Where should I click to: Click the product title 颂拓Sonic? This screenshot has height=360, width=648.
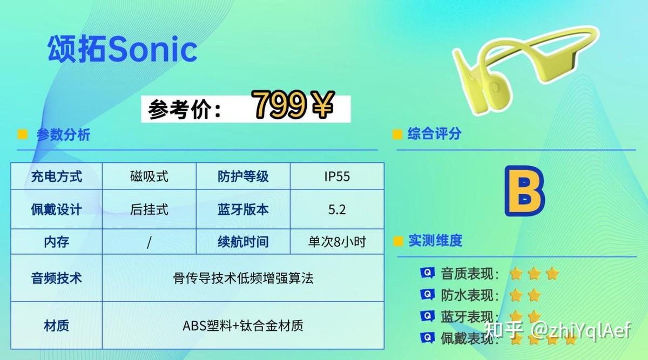click(x=123, y=49)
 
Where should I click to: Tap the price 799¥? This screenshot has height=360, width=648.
click(x=293, y=105)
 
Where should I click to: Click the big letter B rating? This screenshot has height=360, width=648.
click(x=525, y=191)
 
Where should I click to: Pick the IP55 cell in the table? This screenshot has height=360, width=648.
click(x=337, y=176)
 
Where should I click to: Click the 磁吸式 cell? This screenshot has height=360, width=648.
click(x=149, y=176)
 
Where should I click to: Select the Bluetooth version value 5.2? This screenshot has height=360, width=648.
click(x=337, y=209)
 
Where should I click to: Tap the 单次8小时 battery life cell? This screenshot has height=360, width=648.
click(x=337, y=242)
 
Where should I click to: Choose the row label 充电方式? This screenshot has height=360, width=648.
click(x=56, y=176)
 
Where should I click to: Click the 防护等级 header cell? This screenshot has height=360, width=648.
click(x=243, y=176)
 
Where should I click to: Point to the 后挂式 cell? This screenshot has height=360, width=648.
click(x=149, y=209)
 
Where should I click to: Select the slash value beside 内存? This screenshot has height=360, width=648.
click(x=149, y=242)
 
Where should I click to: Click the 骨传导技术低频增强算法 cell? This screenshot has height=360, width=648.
click(x=243, y=278)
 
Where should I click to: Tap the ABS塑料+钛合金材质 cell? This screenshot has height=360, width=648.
click(x=243, y=325)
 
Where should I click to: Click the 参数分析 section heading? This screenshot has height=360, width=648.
click(x=63, y=134)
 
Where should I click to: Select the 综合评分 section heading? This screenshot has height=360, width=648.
click(x=435, y=134)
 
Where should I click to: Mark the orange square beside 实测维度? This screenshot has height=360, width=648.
click(x=399, y=241)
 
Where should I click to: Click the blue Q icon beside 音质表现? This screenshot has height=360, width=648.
click(x=427, y=273)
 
